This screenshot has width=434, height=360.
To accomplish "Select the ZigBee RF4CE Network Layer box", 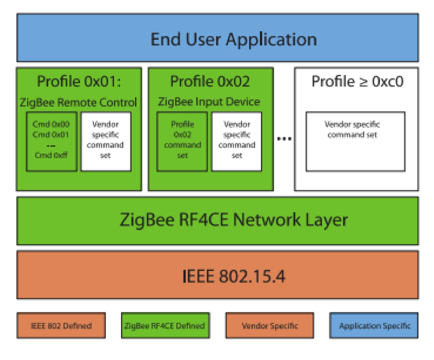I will [x=217, y=220].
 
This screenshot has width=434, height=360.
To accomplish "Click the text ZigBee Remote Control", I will [x=78, y=102].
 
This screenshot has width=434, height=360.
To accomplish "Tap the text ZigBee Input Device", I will [x=209, y=102].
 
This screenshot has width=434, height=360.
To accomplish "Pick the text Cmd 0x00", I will [x=51, y=125].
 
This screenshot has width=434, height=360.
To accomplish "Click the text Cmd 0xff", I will [x=51, y=155].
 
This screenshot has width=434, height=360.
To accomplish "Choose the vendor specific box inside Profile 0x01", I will [x=106, y=141].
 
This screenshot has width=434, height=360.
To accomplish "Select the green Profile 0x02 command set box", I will [x=182, y=141].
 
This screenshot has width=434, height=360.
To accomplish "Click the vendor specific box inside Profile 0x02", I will [x=236, y=141].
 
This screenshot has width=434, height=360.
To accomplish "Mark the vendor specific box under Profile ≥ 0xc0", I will [x=355, y=141].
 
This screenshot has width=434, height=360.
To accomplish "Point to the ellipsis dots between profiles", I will [x=284, y=138].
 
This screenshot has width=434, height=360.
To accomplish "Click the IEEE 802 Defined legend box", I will [x=61, y=326].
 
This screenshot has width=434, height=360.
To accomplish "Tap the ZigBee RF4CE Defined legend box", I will [x=165, y=326].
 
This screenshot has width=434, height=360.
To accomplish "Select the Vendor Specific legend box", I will [x=270, y=326].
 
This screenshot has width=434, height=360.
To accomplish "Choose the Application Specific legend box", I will [x=374, y=326].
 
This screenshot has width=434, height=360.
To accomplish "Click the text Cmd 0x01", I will [x=51, y=135].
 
